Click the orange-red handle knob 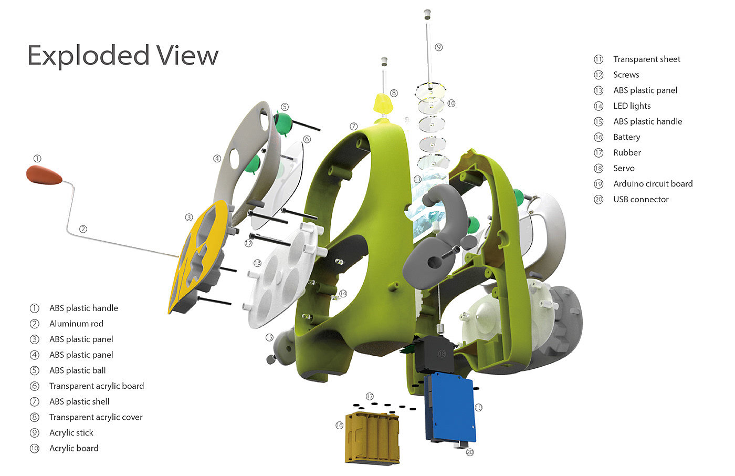coord(44,175)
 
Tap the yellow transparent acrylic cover coord(383,104)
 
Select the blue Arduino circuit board coord(450,408)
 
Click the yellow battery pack coord(372,438)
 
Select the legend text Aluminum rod coord(77,324)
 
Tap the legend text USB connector coord(641,199)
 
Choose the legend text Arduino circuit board coord(653,183)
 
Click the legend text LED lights coord(632,106)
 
